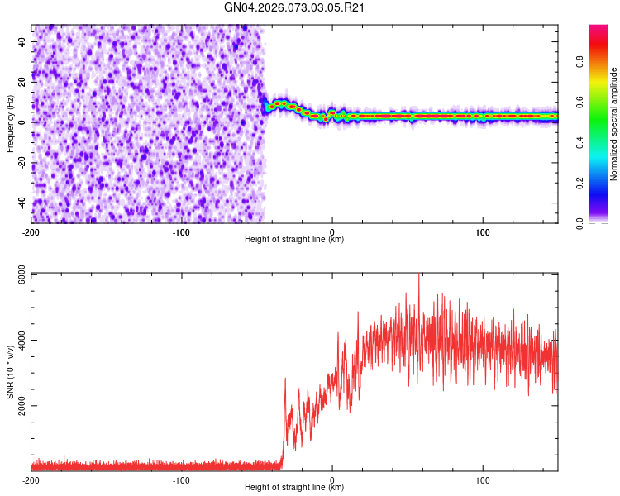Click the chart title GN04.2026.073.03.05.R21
pyautogui.click(x=295, y=8)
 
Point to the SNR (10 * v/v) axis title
pyautogui.click(x=11, y=372)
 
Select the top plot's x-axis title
pyautogui.click(x=294, y=239)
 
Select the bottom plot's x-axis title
pyautogui.click(x=294, y=487)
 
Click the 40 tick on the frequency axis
pyautogui.click(x=23, y=41)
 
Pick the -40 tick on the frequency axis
pyautogui.click(x=23, y=203)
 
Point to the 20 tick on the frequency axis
pyautogui.click(x=23, y=81)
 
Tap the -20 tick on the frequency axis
pyautogui.click(x=23, y=162)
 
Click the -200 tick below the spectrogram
pyautogui.click(x=31, y=231)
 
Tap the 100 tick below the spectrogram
pyautogui.click(x=483, y=231)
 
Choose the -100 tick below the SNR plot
pyautogui.click(x=182, y=479)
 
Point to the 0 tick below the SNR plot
pyautogui.click(x=332, y=479)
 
